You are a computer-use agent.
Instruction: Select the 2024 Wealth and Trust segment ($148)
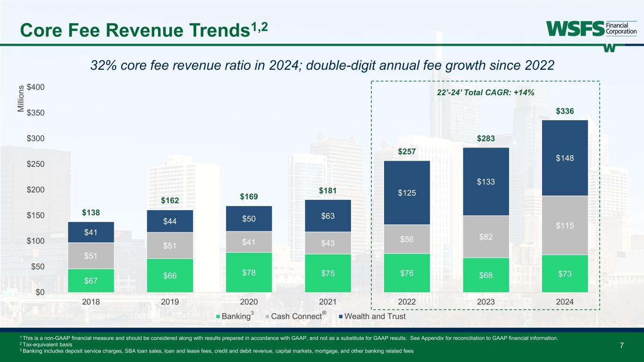pyautogui.click(x=565, y=158)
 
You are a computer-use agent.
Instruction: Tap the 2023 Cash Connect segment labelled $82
pyautogui.click(x=485, y=237)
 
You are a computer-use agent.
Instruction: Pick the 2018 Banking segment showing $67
pyautogui.click(x=91, y=280)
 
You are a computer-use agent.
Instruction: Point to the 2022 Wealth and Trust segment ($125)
pyautogui.click(x=407, y=193)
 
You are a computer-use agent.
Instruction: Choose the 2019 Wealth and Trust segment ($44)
pyautogui.click(x=170, y=221)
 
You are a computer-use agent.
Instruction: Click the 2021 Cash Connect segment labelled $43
pyautogui.click(x=328, y=243)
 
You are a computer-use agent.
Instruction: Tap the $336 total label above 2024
pyautogui.click(x=565, y=112)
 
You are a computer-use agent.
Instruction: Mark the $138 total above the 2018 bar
pyautogui.click(x=91, y=213)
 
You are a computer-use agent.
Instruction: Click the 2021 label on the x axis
pyautogui.click(x=328, y=302)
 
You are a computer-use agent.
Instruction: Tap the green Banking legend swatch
pyautogui.click(x=217, y=317)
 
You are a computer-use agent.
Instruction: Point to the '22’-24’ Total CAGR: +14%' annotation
pyautogui.click(x=485, y=93)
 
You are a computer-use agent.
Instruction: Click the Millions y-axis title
pyautogui.click(x=20, y=99)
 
